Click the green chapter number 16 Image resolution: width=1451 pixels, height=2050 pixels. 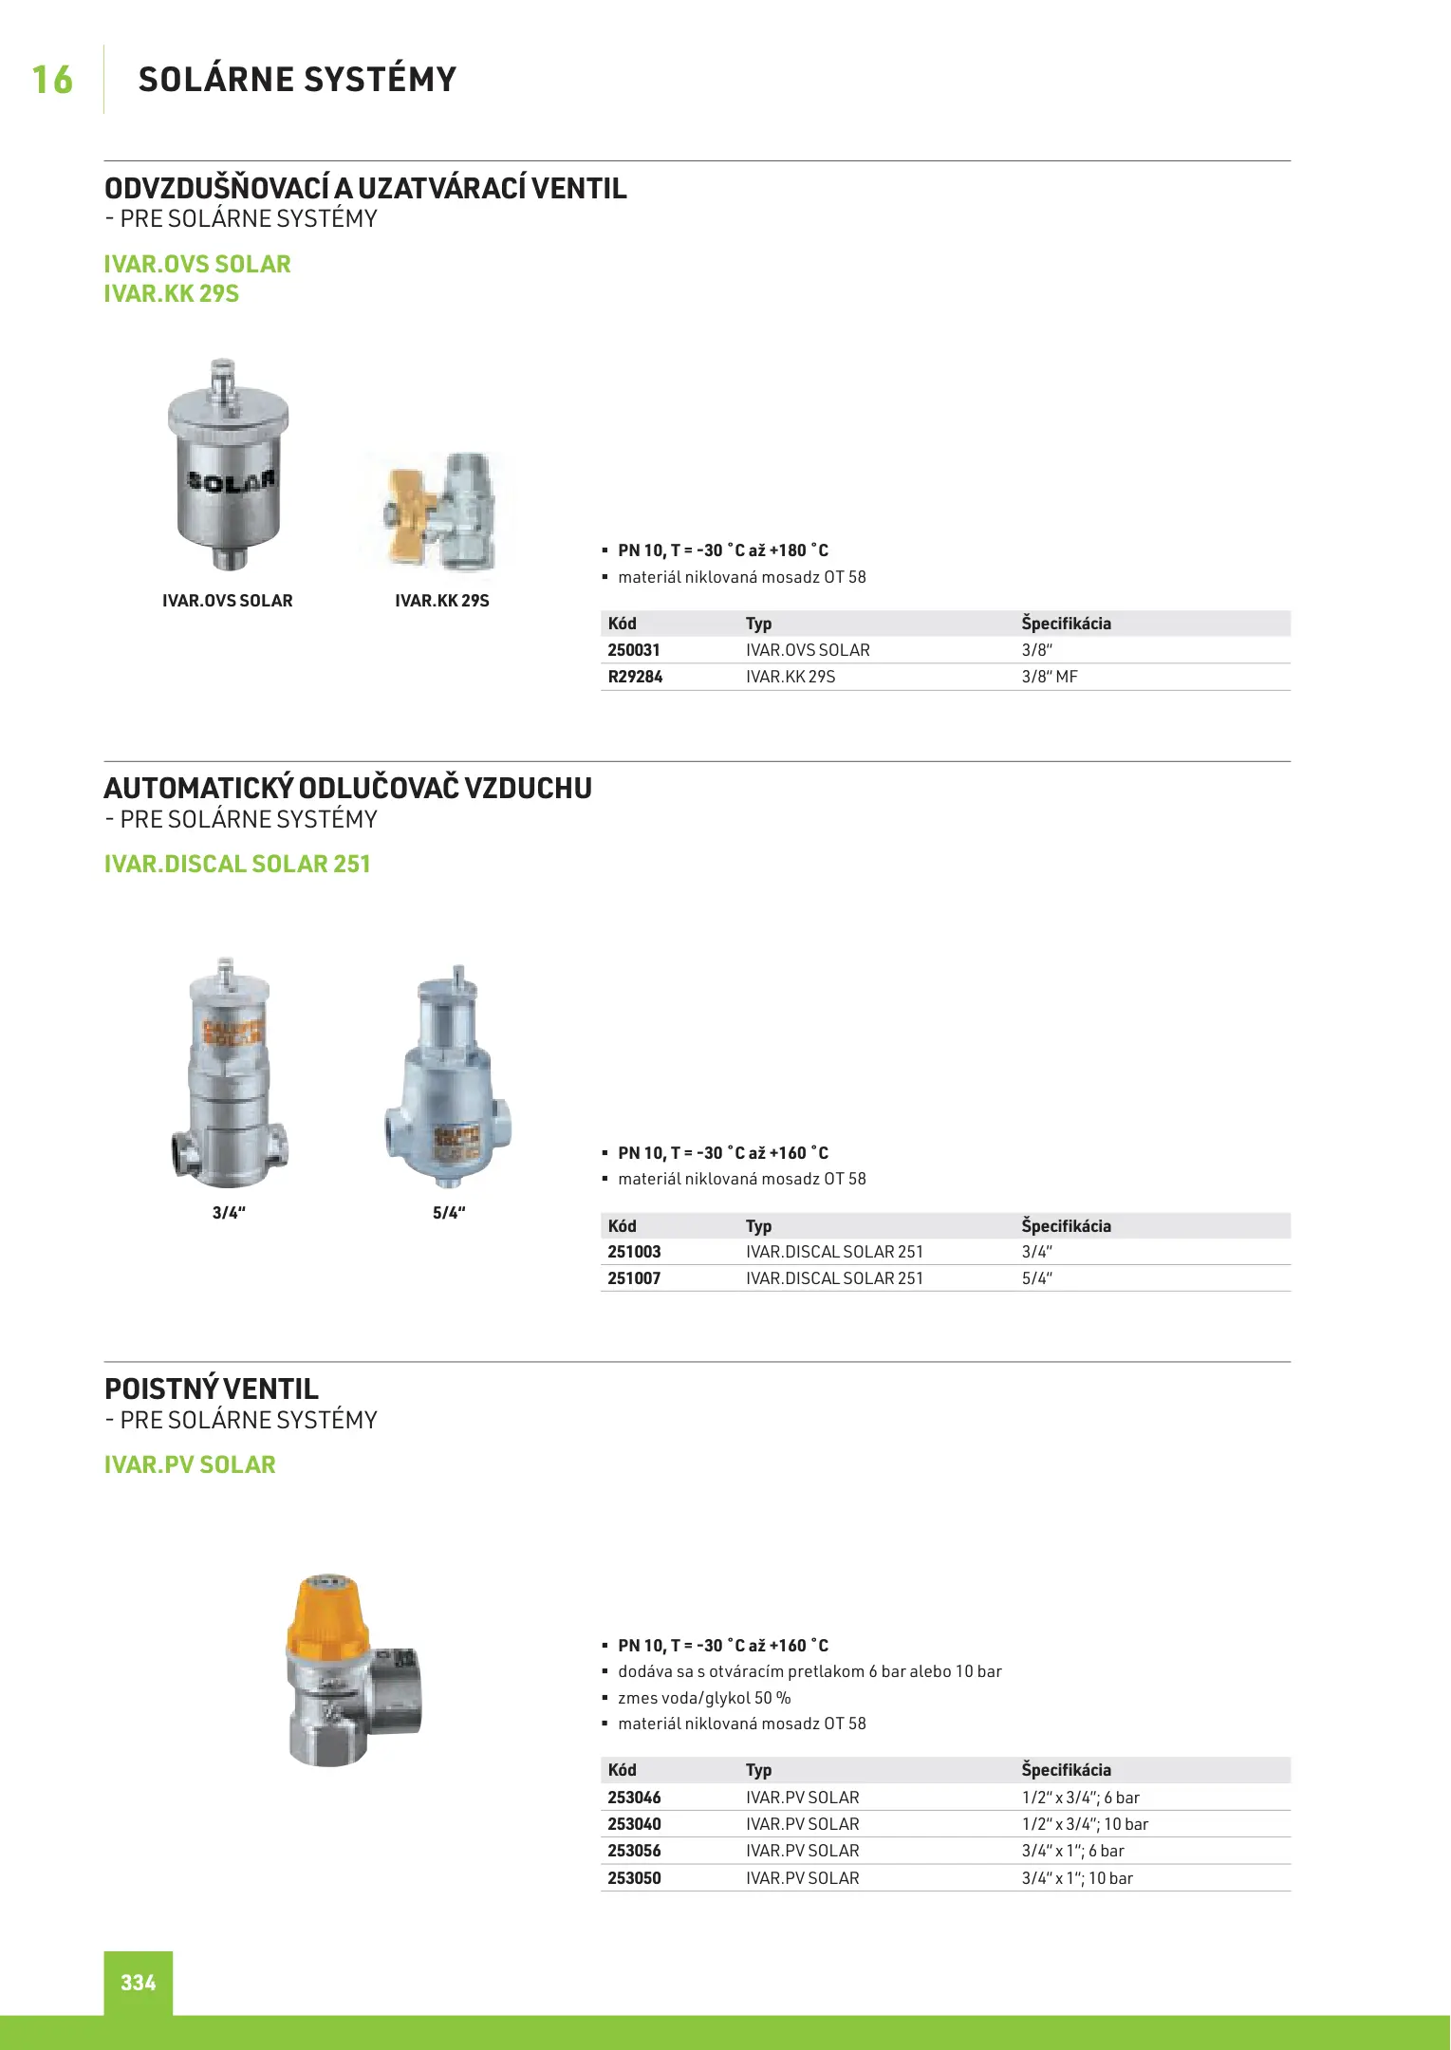click(x=52, y=81)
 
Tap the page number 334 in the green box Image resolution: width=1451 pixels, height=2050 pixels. click(x=139, y=1982)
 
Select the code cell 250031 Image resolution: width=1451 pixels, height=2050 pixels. click(x=634, y=650)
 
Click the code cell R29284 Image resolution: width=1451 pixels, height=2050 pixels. click(x=635, y=677)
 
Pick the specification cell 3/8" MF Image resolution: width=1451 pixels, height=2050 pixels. click(x=1050, y=677)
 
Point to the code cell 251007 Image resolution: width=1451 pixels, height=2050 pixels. click(x=634, y=1278)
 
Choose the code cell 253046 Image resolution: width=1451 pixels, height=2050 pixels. click(x=634, y=1798)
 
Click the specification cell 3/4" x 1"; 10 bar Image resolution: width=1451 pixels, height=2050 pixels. click(x=1077, y=1878)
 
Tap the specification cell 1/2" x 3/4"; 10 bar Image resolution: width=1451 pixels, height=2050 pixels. click(x=1085, y=1824)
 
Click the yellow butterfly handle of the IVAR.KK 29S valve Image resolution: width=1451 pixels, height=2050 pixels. click(x=408, y=512)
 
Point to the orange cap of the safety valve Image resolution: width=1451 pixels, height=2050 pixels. click(x=327, y=1613)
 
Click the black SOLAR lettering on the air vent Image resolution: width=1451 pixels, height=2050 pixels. click(x=231, y=481)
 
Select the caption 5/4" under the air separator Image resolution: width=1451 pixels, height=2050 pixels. click(x=449, y=1213)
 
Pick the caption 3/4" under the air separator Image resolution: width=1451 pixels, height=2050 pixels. click(x=229, y=1213)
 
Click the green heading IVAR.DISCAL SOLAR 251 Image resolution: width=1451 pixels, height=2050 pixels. click(x=237, y=864)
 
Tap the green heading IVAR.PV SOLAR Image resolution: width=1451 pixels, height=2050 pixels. click(x=190, y=1464)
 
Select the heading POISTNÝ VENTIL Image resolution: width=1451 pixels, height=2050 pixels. click(x=212, y=1389)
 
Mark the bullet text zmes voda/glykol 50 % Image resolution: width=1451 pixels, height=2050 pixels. click(x=704, y=1698)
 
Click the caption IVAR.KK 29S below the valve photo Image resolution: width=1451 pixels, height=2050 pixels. click(x=442, y=601)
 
